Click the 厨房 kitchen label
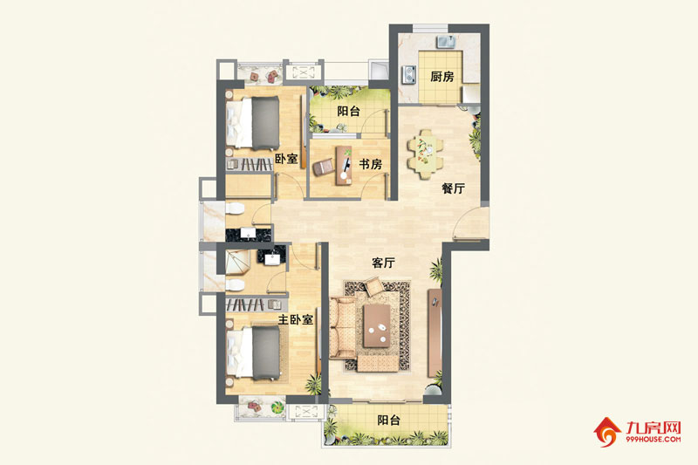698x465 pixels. (442, 77)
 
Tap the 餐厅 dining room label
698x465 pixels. (453, 188)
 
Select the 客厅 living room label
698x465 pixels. (383, 263)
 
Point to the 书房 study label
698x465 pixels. (370, 164)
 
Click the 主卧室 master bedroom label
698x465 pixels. (296, 319)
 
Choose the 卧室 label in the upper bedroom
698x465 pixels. (286, 159)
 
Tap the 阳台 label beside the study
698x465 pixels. (348, 111)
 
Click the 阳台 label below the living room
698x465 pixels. (388, 420)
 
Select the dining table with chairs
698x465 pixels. (426, 154)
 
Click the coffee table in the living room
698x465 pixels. (377, 325)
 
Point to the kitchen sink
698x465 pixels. (446, 42)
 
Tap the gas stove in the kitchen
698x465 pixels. (409, 75)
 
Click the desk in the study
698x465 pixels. (344, 166)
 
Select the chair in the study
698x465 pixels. (323, 168)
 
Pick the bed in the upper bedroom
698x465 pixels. (253, 123)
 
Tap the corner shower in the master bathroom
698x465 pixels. (236, 262)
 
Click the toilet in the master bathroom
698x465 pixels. (235, 284)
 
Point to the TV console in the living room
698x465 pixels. (435, 333)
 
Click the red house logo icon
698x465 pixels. (606, 432)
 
